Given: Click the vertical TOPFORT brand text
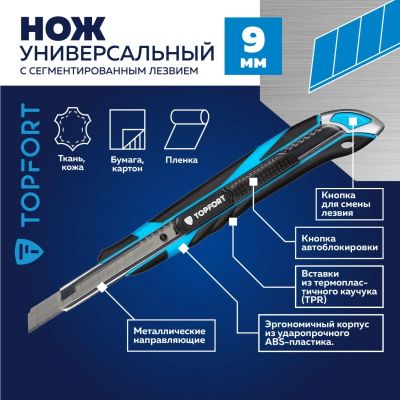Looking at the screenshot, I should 31,165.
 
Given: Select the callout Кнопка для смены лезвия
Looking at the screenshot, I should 350,203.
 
